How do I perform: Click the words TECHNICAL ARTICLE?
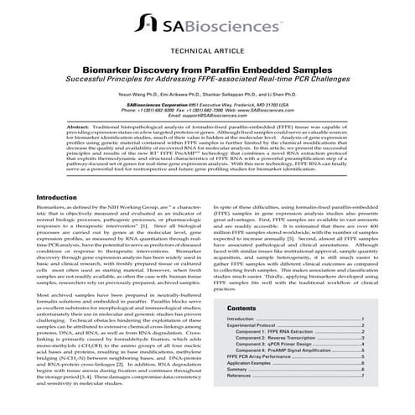tap(207, 50)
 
